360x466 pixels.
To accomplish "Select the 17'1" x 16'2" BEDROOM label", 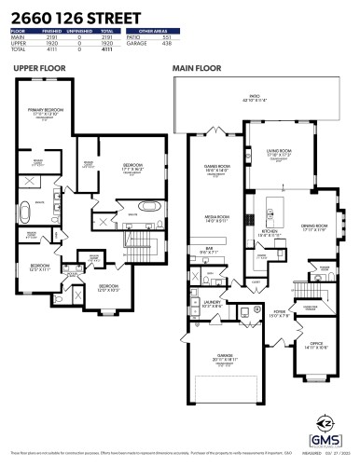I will point(132,167).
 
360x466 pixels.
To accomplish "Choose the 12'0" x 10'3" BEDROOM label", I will point(108,287).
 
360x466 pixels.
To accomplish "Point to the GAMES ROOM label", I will point(216,169).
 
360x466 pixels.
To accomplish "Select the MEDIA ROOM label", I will point(217,220).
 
